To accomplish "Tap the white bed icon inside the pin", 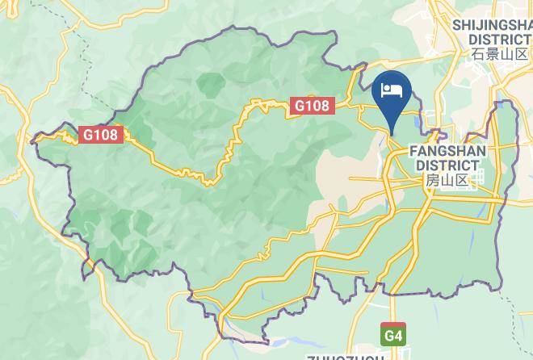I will pos(392,89).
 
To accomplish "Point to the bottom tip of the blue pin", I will pos(392,134).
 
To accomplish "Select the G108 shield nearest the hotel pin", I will pos(310,105).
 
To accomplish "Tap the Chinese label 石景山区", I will pos(501,54).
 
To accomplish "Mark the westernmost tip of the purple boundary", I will pos(32,141).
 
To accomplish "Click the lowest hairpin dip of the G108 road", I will pos(208,182).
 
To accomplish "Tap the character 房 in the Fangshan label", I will pos(432,181).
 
